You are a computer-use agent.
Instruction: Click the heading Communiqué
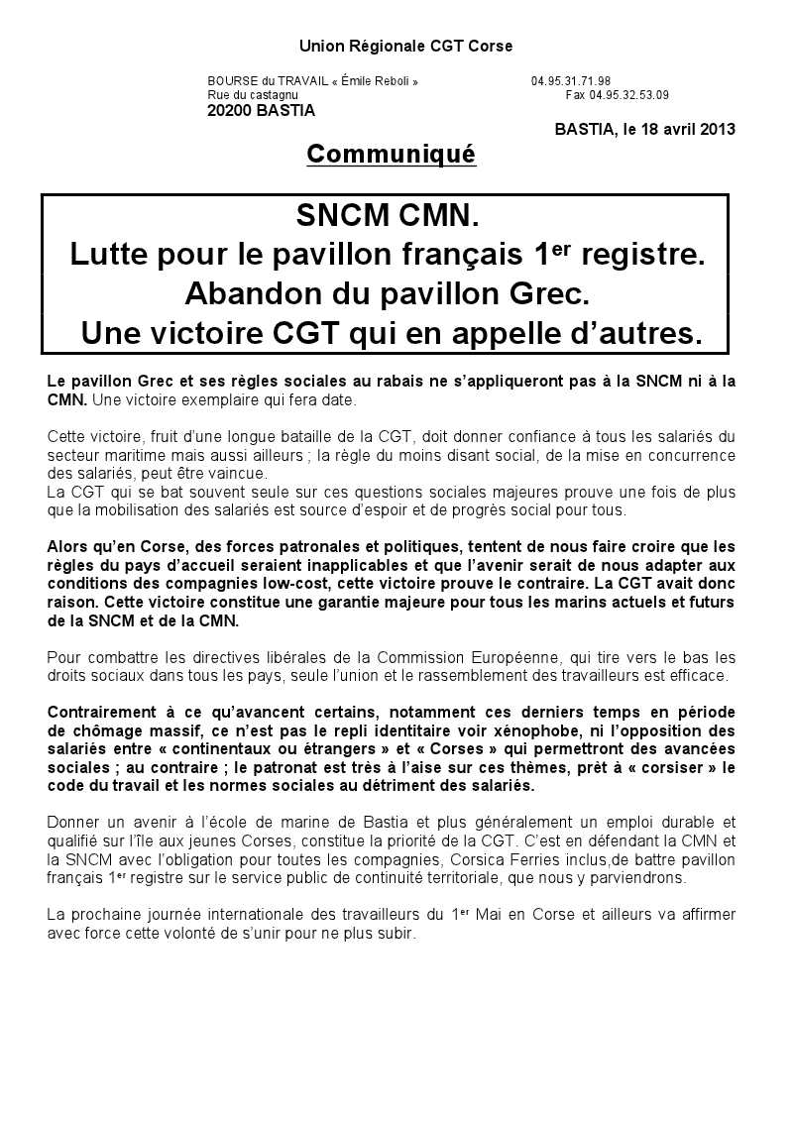pos(392,155)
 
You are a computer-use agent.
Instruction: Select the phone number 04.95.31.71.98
pos(570,81)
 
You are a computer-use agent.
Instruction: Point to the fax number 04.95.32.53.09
pos(628,95)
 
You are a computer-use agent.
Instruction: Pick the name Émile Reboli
pos(375,81)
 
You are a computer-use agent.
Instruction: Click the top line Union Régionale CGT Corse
pos(405,47)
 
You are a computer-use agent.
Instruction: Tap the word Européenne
pos(556,658)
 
